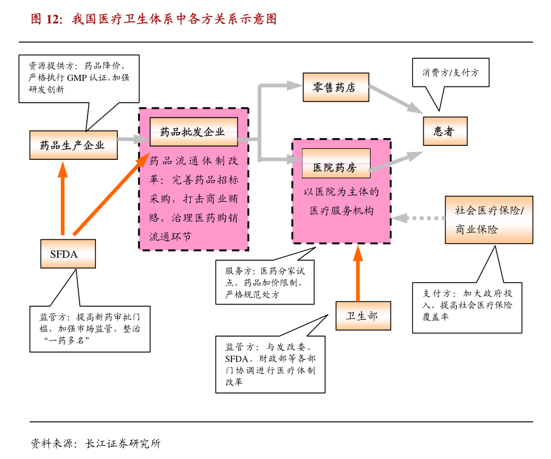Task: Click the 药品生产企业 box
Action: tap(74, 145)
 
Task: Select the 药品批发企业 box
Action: tap(194, 132)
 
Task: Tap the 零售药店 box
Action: tap(336, 88)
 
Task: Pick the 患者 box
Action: tap(445, 131)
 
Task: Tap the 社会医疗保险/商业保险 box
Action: tap(489, 220)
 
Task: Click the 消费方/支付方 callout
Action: tap(450, 72)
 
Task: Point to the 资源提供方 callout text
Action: tap(83, 77)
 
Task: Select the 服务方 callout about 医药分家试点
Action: tap(265, 282)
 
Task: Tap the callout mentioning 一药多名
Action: tap(90, 328)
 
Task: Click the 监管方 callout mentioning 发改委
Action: tap(270, 364)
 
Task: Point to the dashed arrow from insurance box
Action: tap(419, 217)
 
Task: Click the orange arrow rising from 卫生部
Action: tap(358, 274)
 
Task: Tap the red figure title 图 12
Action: tap(154, 19)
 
